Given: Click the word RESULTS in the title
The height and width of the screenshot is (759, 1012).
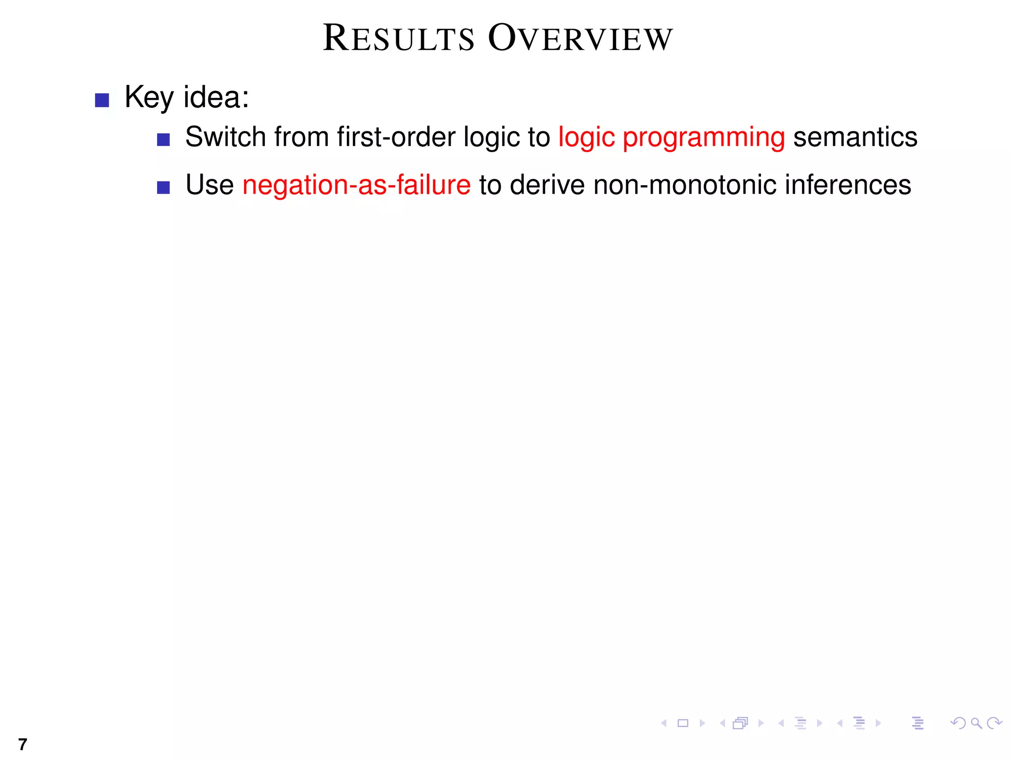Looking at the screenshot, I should [398, 39].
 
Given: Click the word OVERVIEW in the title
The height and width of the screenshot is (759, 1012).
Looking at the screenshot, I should [581, 39].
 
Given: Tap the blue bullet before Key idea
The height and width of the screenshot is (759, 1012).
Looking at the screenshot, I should [102, 100].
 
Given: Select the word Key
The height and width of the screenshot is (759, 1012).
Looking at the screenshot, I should [149, 98].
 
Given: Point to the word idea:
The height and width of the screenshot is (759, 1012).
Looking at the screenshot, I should [216, 97].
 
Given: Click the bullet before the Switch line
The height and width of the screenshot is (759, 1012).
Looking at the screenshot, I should [164, 140].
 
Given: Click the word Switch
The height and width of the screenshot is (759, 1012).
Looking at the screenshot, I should [225, 137].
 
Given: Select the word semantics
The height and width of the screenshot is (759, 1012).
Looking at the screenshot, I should [855, 137].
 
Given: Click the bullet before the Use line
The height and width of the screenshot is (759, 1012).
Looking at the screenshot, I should [164, 188].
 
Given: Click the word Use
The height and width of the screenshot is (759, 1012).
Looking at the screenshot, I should [210, 185].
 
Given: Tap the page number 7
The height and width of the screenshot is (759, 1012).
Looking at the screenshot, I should [22, 744].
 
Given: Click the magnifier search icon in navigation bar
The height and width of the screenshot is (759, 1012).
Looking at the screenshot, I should [976, 723].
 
